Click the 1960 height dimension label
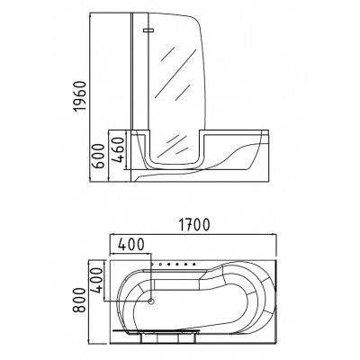click(x=80, y=96)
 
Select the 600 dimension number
click(x=98, y=156)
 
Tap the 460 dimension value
click(x=117, y=149)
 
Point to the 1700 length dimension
click(x=193, y=225)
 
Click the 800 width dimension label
click(x=80, y=300)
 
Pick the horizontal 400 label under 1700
click(x=131, y=245)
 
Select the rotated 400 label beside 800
click(x=96, y=281)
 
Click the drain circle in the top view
click(x=151, y=301)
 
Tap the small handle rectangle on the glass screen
click(x=148, y=30)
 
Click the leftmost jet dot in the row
click(x=153, y=265)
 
